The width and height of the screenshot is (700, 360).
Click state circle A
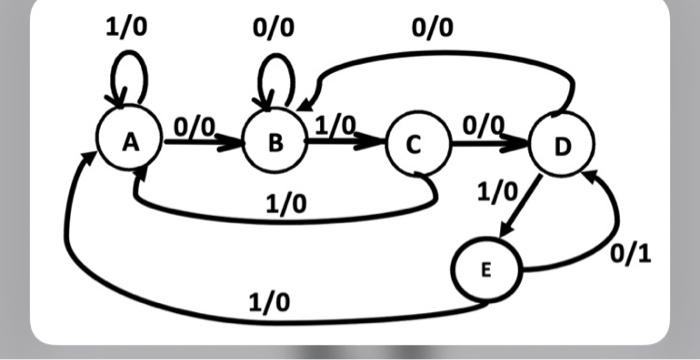129,144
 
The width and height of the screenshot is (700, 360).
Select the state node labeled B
275,144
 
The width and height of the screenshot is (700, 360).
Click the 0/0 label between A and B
194,127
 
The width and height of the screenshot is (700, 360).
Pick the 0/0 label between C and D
483,127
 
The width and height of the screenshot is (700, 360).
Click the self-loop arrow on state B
276,72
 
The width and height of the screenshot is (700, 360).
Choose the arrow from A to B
204,143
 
